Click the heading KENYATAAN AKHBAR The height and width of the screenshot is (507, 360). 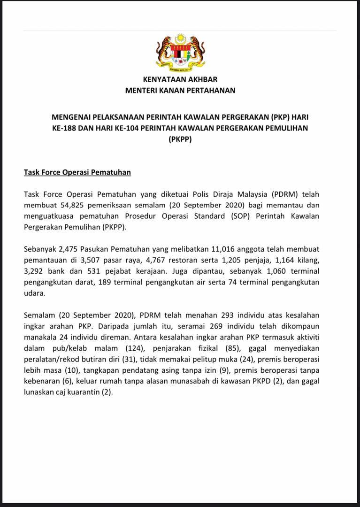point(180,80)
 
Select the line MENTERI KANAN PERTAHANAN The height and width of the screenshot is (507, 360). point(180,90)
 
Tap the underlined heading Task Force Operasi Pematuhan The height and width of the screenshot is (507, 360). point(77,172)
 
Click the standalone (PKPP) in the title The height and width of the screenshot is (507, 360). point(180,139)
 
